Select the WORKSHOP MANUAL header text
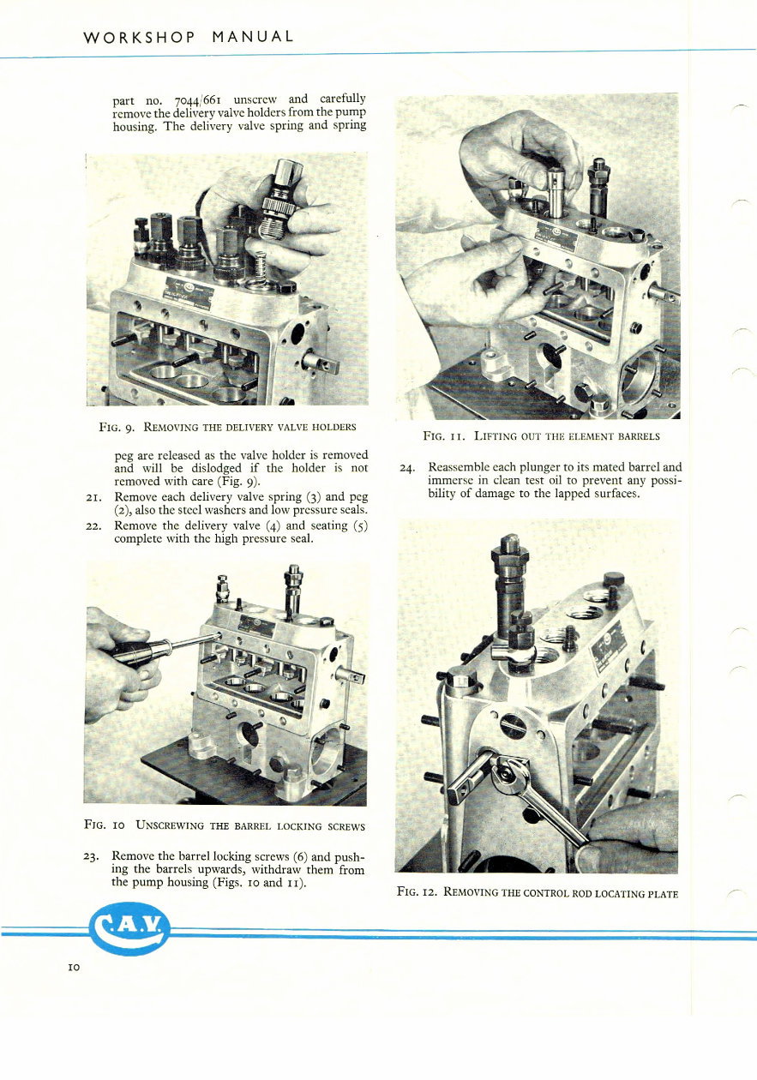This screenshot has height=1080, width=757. pos(189,37)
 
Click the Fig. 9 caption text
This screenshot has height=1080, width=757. pos(227,426)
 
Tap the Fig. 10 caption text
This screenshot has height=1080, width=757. pos(225,826)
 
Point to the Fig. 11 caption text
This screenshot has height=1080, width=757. pos(541,435)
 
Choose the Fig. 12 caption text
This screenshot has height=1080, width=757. pos(538,893)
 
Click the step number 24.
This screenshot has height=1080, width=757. pos(408,468)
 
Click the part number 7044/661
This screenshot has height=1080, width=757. pos(200,99)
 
